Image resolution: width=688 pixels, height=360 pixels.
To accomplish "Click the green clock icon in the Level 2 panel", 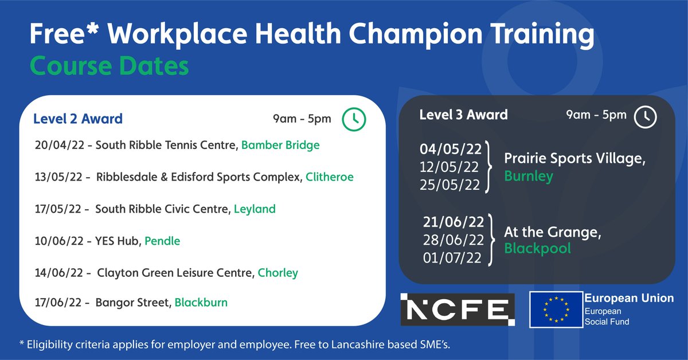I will [x=354, y=119].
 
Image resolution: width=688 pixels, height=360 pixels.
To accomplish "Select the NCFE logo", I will [x=458, y=309].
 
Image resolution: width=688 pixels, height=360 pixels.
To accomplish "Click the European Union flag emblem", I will [x=554, y=310].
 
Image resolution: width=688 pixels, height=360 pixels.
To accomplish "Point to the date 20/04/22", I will [x=59, y=146].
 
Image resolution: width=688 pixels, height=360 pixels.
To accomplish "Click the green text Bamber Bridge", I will [x=280, y=146].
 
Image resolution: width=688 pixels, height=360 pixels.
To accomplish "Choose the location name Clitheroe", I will [x=330, y=177].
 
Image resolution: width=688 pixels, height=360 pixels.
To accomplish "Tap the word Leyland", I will [x=255, y=209].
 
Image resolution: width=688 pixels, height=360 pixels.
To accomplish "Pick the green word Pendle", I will [x=162, y=241].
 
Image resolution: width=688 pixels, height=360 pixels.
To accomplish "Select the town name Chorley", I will [x=278, y=273].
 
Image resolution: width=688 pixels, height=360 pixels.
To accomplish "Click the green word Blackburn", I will [x=201, y=302].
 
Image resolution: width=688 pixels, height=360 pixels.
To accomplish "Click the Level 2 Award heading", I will [x=78, y=119].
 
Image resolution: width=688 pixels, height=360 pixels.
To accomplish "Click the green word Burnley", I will [x=529, y=176].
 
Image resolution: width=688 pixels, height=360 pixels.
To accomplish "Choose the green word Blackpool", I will [x=537, y=249].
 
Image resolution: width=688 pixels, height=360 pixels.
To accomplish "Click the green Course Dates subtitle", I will [x=109, y=66].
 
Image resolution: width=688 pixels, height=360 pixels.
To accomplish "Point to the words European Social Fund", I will [x=607, y=316].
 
